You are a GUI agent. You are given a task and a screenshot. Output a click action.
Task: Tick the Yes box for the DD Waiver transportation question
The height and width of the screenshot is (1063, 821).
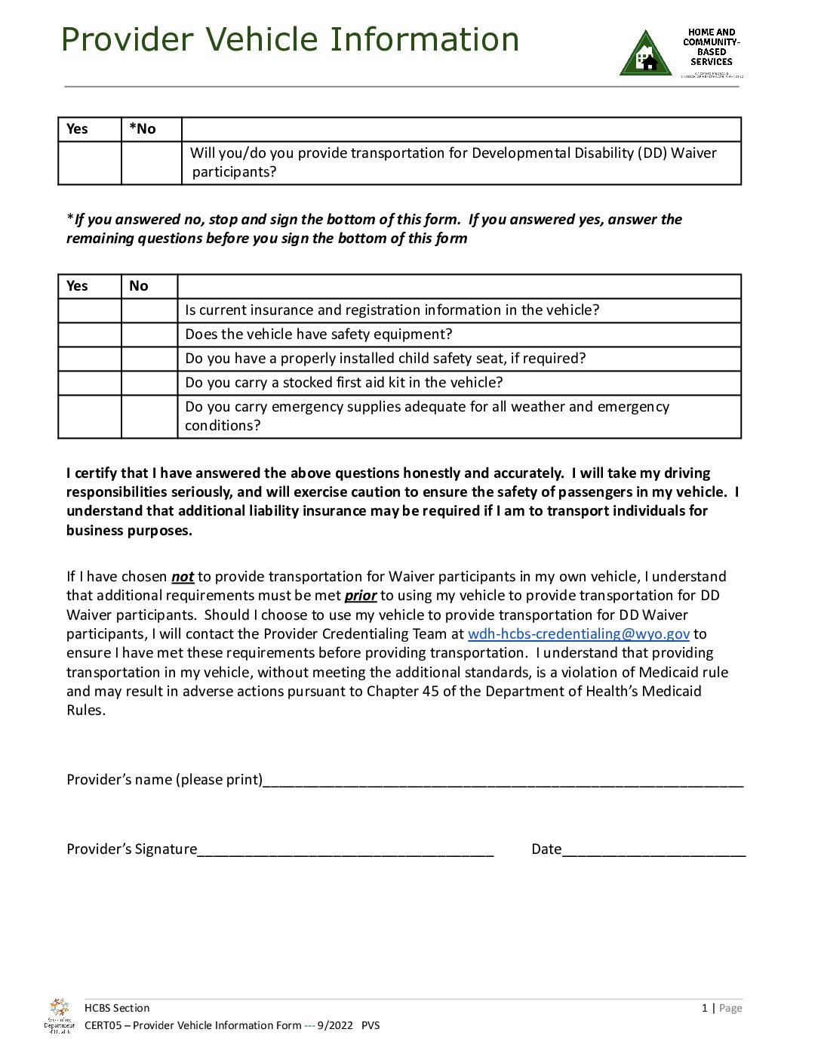[90, 163]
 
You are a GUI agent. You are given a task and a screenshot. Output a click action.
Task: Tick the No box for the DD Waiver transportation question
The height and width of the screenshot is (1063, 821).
[151, 163]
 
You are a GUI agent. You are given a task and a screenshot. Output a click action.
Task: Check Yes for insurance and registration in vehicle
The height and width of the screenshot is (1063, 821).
[90, 310]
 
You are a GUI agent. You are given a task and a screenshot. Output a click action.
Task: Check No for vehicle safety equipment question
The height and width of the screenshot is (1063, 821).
[149, 334]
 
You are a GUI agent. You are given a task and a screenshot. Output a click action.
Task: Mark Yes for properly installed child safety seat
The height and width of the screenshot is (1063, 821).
[90, 359]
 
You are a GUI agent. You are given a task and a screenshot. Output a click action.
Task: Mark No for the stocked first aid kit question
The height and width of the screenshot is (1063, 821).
[149, 383]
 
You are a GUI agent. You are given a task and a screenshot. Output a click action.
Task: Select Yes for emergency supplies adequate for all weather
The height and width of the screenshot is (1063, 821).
[90, 416]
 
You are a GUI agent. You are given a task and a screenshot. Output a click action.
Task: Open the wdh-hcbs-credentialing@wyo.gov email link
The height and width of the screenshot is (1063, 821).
[578, 634]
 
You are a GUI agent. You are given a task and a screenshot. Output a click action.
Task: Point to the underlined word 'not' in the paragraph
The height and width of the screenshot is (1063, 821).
[183, 577]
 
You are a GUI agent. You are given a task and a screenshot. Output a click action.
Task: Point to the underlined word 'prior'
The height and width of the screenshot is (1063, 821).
[360, 596]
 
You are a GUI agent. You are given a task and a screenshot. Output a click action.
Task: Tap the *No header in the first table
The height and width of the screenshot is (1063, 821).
[143, 129]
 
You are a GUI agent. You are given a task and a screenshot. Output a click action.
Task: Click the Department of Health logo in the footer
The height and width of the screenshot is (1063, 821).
[59, 1015]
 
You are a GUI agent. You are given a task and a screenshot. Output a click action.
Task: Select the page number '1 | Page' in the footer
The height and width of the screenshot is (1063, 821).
[721, 1008]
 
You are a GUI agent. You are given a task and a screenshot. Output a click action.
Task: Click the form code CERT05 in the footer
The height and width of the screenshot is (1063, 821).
[103, 1025]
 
